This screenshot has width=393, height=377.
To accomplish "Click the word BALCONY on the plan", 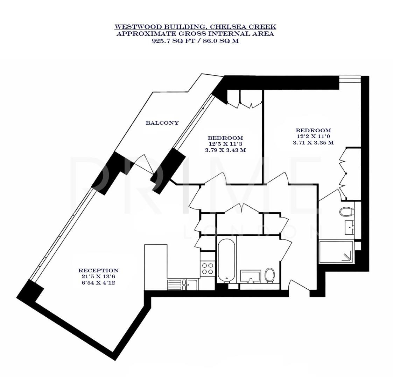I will click(x=162, y=123).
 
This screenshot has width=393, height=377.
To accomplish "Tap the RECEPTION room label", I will click(x=98, y=270).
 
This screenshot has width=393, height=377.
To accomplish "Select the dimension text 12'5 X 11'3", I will click(x=225, y=144).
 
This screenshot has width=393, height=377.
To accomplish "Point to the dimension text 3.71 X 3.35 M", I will click(x=313, y=142).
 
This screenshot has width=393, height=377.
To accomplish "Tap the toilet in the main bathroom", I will click(x=270, y=275).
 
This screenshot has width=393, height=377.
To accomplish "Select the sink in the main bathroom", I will click(x=250, y=276).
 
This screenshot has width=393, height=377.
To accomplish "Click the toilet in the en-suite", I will click(x=346, y=212).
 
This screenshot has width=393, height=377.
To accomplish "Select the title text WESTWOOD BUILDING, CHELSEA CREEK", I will click(x=195, y=27).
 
